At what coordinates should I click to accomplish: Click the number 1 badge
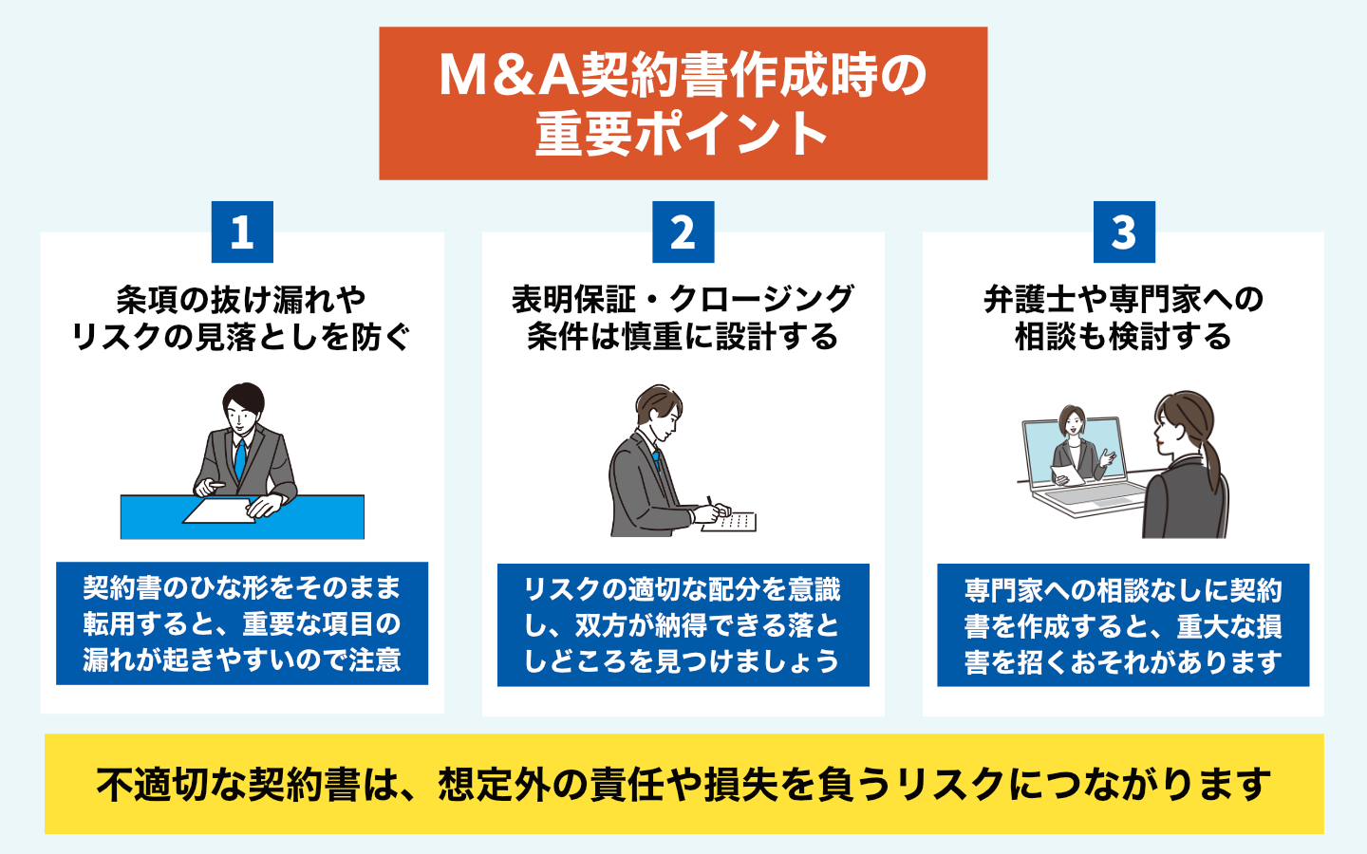242,232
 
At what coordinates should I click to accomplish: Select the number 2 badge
683,232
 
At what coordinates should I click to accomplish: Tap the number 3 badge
1124,232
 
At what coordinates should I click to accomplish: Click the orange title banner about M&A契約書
683,103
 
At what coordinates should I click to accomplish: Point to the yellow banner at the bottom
683,784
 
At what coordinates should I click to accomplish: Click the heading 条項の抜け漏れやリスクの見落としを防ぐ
241,318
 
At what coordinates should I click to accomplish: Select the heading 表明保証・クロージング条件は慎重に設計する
683,318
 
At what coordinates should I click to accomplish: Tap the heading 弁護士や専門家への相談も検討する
1123,318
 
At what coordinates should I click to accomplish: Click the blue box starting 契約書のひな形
242,623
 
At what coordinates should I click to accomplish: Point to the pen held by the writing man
708,502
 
